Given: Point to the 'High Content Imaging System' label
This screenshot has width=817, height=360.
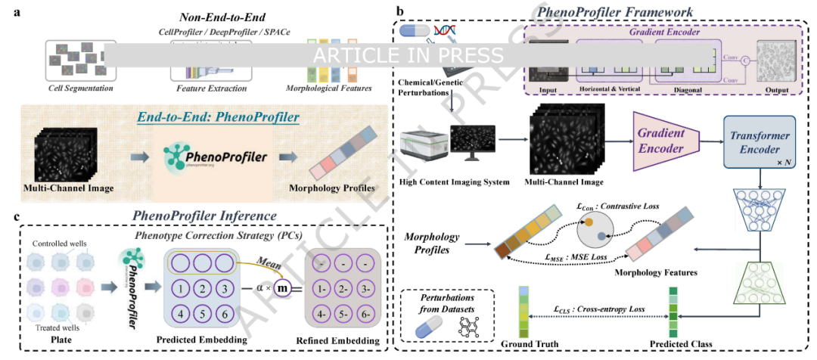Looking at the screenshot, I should point(455,182).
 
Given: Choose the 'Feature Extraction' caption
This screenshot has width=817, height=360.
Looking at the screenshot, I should point(211,88).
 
